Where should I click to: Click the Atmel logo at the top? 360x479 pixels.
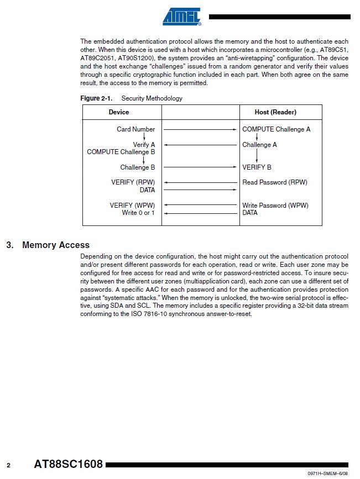(181, 17)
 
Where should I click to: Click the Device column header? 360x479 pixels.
(119, 112)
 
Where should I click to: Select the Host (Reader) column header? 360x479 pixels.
(275, 112)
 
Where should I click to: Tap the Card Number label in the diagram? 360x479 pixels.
(136, 129)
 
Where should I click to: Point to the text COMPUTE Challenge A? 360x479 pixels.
(276, 129)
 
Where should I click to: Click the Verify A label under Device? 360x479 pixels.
(144, 145)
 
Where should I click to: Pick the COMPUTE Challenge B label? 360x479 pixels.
(121, 152)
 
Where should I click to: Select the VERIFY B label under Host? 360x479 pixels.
(257, 167)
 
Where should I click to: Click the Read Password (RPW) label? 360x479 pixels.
(275, 182)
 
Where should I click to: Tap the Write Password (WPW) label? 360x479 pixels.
(275, 206)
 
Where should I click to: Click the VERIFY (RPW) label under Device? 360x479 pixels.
(133, 182)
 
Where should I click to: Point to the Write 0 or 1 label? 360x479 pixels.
(138, 213)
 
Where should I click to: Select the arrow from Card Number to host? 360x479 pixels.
(200, 129)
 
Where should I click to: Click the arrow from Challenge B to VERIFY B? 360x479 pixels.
(200, 167)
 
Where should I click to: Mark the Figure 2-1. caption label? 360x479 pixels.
(96, 98)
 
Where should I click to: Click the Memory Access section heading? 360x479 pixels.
(55, 245)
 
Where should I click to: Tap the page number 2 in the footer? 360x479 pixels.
(8, 465)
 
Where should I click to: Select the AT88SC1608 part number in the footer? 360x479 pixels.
(69, 464)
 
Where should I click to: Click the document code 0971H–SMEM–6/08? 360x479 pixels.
(328, 474)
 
